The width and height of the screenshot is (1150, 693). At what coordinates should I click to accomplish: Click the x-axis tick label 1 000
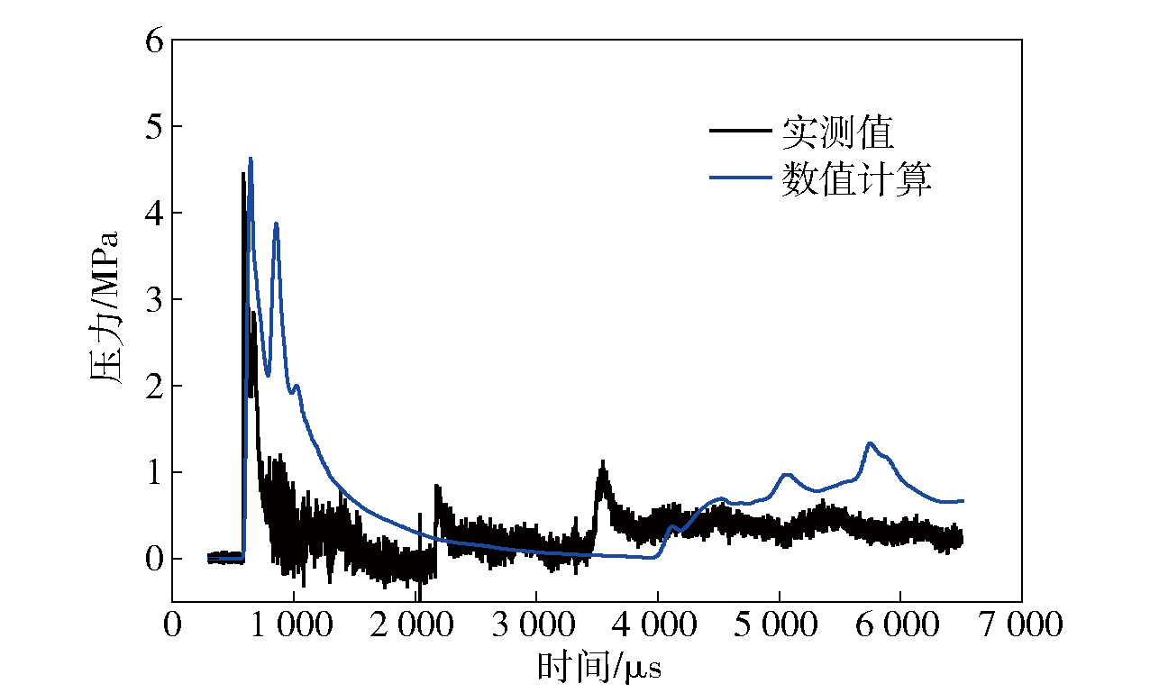point(292,625)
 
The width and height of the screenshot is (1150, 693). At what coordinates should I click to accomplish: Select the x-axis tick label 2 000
point(414,625)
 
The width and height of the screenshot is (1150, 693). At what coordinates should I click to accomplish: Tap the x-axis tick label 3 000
point(535,625)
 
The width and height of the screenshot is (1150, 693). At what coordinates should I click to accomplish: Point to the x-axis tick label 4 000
point(657,625)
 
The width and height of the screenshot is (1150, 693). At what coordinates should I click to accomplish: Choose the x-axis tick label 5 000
point(779,625)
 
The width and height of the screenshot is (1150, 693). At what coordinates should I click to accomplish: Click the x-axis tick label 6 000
point(900,625)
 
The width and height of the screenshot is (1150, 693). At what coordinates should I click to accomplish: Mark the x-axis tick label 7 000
point(1021,625)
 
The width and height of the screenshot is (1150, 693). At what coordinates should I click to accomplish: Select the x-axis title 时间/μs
point(598,668)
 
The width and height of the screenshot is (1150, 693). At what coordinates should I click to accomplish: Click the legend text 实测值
point(837,132)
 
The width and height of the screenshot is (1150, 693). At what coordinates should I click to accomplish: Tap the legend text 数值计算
point(855,179)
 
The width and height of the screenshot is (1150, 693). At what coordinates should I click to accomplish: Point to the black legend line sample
point(741,132)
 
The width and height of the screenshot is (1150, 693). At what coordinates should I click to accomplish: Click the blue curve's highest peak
point(251,159)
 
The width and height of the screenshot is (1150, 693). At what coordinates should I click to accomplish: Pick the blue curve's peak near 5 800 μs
point(870,443)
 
